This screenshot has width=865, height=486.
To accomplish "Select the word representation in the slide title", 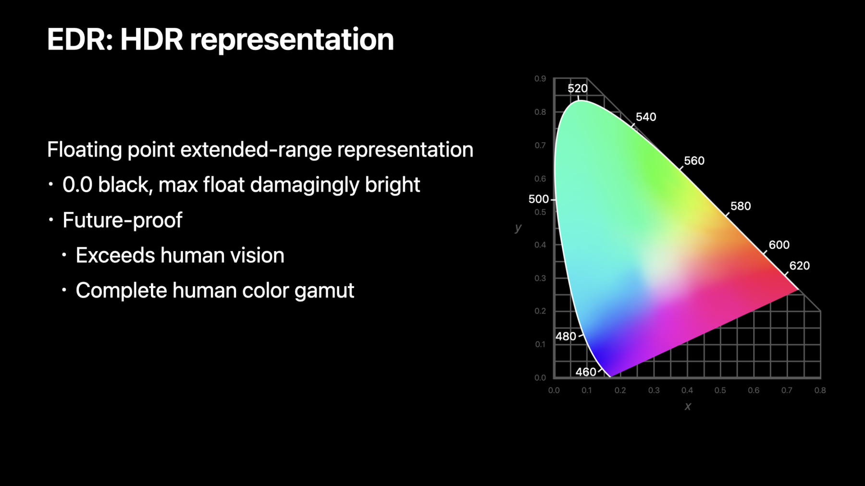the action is [x=292, y=40].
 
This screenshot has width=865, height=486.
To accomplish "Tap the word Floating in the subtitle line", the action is [x=85, y=150].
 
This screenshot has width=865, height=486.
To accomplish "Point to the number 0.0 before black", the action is [x=77, y=185].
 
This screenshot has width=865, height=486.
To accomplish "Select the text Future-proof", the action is [x=122, y=220].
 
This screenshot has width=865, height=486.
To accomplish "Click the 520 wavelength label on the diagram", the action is [x=577, y=88].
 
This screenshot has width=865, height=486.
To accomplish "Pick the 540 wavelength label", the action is [x=646, y=117].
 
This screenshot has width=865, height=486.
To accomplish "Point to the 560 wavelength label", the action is [x=694, y=161].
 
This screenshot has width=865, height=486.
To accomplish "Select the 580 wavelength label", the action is [x=741, y=206].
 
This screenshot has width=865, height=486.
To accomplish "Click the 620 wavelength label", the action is [x=800, y=266].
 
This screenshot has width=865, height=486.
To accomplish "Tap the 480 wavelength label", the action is [x=566, y=336].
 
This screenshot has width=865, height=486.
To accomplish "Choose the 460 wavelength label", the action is [x=586, y=372].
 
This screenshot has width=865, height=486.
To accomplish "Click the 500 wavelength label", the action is [x=538, y=199].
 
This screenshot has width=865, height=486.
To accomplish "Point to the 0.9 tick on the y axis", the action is [x=540, y=78].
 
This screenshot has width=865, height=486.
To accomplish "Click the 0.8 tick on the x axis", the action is [x=820, y=390].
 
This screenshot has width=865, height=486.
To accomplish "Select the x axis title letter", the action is [x=688, y=406].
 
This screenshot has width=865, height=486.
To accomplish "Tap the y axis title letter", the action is [x=518, y=228].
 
